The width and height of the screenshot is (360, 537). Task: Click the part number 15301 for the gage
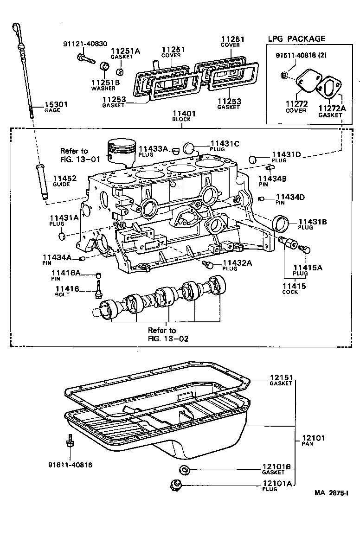point(56,104)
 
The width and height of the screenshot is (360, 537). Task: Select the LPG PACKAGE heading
point(296,38)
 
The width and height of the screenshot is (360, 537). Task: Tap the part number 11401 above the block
point(184,113)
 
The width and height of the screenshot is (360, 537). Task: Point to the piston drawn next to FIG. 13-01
point(121,153)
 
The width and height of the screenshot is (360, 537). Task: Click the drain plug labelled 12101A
point(177,485)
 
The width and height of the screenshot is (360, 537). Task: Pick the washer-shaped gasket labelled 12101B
point(185,469)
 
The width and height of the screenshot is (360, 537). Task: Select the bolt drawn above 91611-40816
point(69,441)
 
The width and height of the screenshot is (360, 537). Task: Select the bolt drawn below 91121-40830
point(84,58)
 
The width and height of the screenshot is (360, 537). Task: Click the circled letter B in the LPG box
point(284,75)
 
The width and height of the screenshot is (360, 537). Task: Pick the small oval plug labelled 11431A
point(62,237)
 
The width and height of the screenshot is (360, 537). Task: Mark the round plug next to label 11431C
point(189,148)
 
